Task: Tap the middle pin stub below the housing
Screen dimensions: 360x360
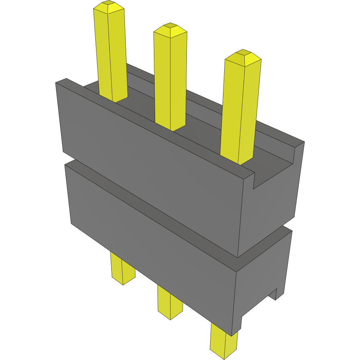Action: point(170,304)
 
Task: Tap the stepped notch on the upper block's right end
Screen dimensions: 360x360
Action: point(277,169)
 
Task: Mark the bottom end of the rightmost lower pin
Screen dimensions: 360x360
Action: point(223,355)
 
